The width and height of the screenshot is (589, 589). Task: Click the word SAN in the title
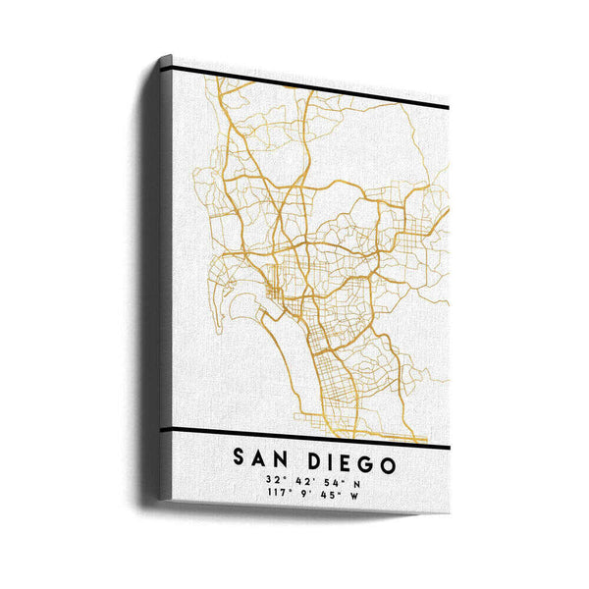[262, 459]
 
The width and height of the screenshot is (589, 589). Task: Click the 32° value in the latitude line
[270, 480]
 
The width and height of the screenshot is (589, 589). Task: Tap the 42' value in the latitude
[299, 481]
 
